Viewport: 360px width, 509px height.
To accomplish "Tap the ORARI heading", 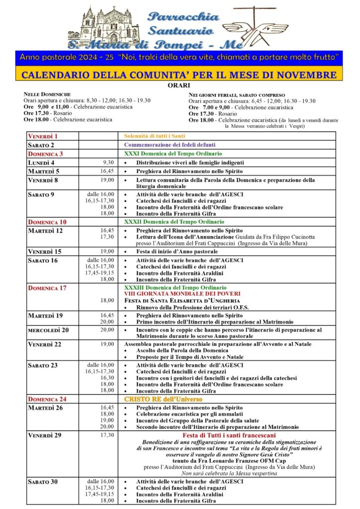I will pyautogui.click(x=180, y=85).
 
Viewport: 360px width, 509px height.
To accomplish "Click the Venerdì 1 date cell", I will pyautogui.click(x=43, y=136).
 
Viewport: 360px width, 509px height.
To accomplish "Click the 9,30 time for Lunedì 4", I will pyautogui.click(x=108, y=163).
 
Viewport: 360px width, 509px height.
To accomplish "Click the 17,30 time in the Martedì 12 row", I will pyautogui.click(x=107, y=237).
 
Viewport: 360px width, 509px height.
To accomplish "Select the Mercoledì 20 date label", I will pyautogui.click(x=48, y=330).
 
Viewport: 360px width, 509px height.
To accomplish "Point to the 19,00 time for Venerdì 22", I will pyautogui.click(x=107, y=344).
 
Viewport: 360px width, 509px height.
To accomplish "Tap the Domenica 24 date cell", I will pyautogui.click(x=47, y=399).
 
